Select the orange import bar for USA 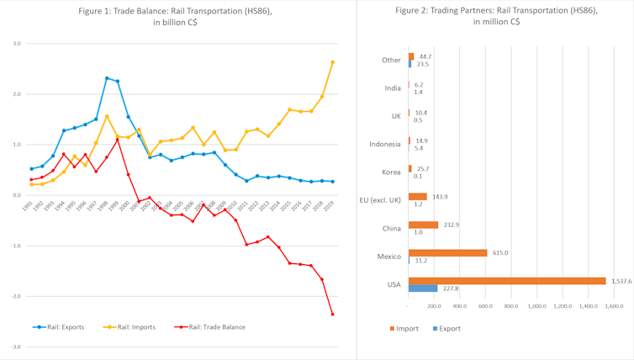point(506,281)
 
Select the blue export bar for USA point(422,288)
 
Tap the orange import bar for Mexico point(447,252)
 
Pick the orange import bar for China point(423,225)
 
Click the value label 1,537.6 point(621,280)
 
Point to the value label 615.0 point(499,252)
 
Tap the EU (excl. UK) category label point(379,199)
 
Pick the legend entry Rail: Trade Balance point(214,326)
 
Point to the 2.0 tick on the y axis point(16,94)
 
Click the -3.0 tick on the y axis point(15,347)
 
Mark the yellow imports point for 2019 point(333,61)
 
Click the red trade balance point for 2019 point(333,315)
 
